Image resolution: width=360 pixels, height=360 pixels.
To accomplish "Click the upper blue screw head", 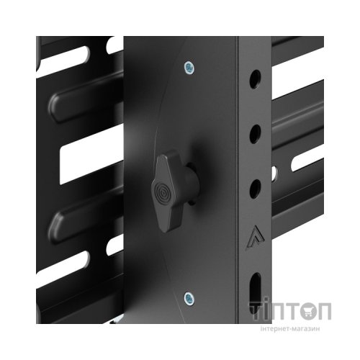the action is [x=189, y=68].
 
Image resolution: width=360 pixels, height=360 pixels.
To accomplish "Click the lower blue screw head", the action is [x=189, y=299].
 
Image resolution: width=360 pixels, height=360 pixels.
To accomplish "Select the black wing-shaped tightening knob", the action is [x=174, y=192].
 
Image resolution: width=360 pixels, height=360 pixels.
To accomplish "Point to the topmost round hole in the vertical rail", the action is [x=255, y=79].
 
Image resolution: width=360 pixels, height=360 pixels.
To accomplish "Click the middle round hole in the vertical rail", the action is [x=255, y=134].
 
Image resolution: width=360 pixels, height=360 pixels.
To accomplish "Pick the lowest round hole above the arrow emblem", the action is [x=255, y=189].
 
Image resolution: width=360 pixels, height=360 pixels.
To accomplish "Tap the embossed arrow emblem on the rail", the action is [x=256, y=238].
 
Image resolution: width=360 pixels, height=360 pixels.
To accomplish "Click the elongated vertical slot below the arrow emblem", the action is [x=255, y=293].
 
